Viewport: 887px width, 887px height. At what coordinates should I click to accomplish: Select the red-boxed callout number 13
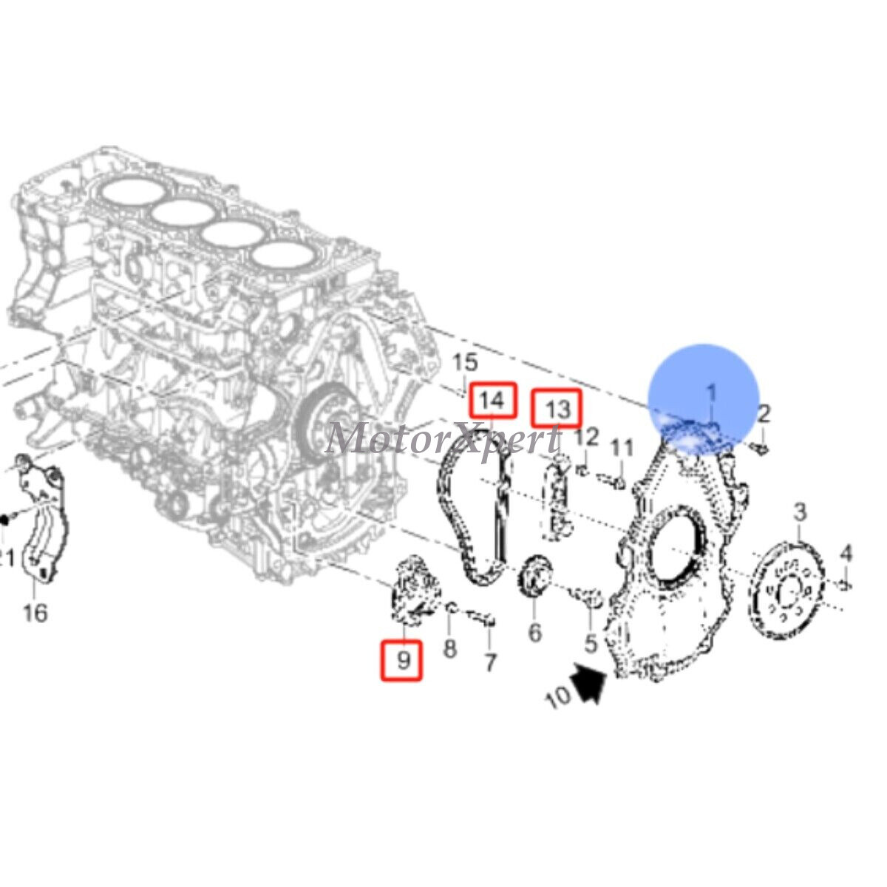(558, 408)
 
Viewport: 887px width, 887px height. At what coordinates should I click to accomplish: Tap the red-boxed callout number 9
(402, 659)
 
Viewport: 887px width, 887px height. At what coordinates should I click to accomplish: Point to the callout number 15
(465, 363)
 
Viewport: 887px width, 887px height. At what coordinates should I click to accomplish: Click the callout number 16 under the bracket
(35, 612)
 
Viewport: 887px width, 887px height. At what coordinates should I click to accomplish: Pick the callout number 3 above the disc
(800, 511)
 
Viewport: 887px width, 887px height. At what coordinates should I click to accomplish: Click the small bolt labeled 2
(759, 446)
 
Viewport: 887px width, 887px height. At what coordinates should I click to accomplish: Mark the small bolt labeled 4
(846, 585)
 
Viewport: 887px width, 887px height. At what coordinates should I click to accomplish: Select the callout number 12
(586, 437)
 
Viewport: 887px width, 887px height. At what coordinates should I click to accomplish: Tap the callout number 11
(622, 448)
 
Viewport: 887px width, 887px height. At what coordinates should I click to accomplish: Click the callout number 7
(489, 662)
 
